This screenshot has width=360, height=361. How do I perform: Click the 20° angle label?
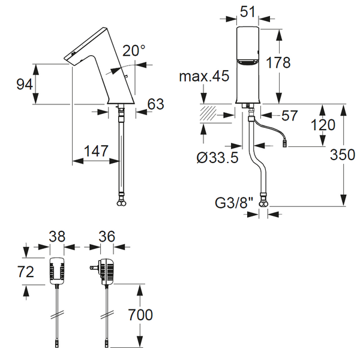[x=134, y=50]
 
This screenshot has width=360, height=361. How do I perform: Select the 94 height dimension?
[x=25, y=85]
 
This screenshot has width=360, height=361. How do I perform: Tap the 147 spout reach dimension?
[x=96, y=151]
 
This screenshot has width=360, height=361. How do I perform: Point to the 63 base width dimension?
[x=156, y=104]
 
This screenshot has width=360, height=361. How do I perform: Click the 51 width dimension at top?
[x=248, y=11]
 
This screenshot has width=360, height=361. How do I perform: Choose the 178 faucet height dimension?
[x=278, y=62]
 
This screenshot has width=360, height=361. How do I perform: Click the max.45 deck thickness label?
[x=204, y=76]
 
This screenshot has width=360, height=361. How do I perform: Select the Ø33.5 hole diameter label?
[x=217, y=158]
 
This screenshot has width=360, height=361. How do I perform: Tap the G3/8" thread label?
[x=234, y=203]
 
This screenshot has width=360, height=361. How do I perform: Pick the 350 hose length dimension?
[x=343, y=154]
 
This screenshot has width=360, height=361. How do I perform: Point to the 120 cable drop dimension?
[x=323, y=125]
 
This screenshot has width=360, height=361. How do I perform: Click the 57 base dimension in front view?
[x=290, y=115]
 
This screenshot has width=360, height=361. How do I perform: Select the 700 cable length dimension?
[x=140, y=315]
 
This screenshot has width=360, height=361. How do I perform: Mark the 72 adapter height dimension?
[x=26, y=272]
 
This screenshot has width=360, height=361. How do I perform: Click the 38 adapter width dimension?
[x=57, y=236]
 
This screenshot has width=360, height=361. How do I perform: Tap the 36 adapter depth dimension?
[x=107, y=236]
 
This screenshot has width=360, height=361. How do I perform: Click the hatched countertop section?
[x=208, y=113]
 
